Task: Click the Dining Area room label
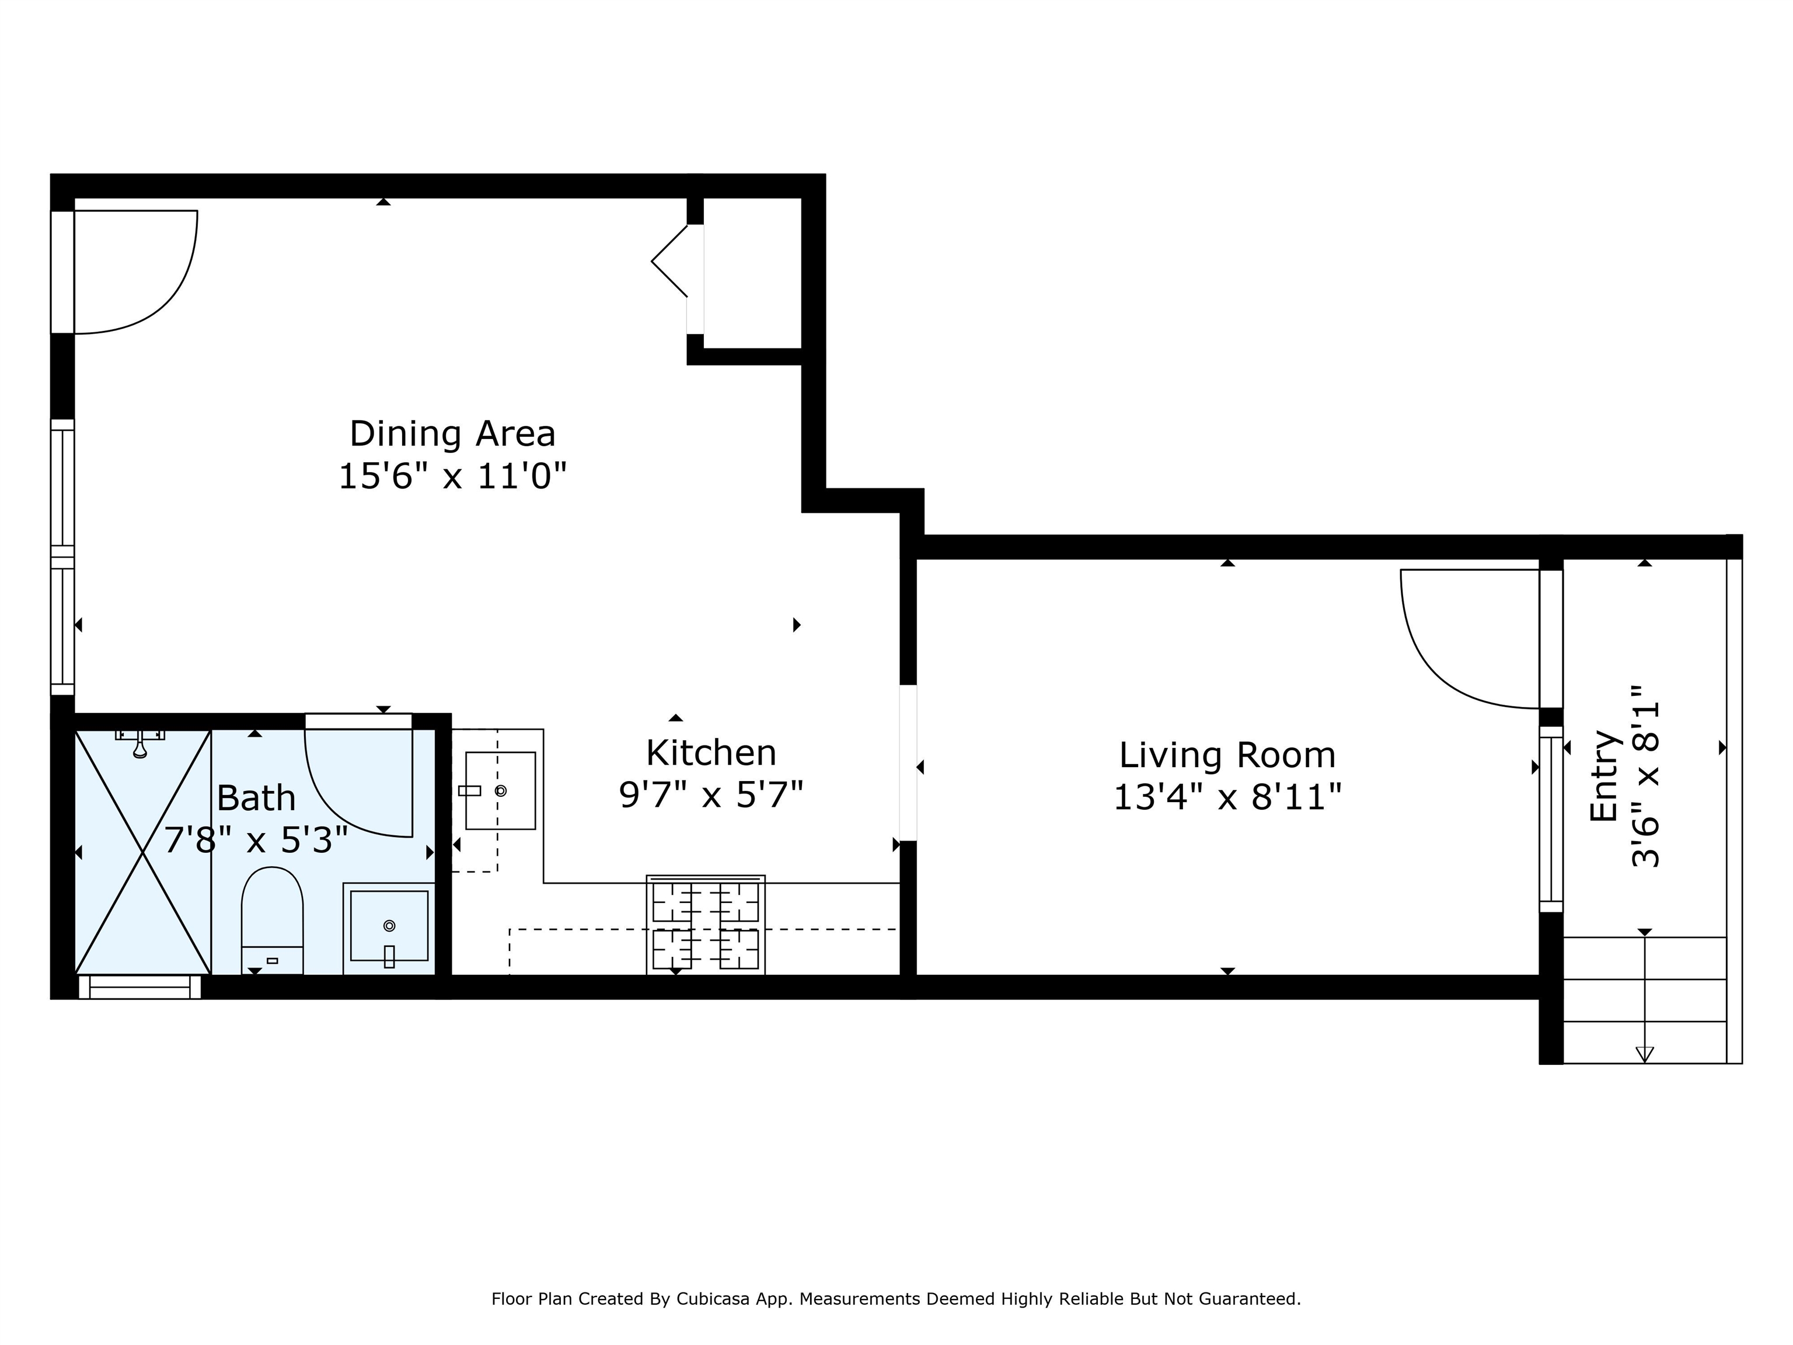coord(452,434)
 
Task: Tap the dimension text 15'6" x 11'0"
coord(452,476)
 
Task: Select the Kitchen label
coord(711,753)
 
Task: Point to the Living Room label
coord(1227,755)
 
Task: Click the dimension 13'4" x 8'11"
coord(1227,797)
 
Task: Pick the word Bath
coord(256,799)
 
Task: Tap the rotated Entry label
coord(1604,776)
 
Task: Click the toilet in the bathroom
coord(273,920)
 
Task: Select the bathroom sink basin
coord(389,926)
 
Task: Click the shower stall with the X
coord(142,852)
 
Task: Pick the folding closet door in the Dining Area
coord(669,261)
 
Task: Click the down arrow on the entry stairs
coord(1645,1054)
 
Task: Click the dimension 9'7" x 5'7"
coord(711,795)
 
